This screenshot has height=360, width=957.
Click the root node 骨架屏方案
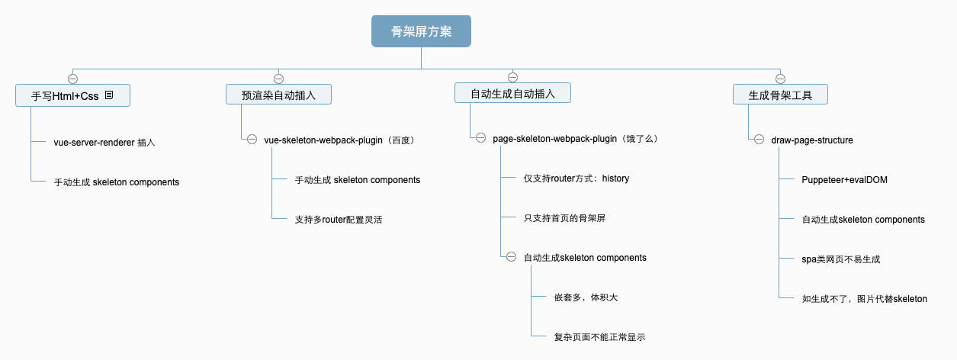421,31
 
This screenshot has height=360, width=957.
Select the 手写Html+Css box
72,95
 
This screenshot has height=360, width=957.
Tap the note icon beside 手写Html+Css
109,95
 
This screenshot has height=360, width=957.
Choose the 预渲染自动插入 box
278,95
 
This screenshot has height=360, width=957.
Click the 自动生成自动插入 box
512,93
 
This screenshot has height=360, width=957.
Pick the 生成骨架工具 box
780,95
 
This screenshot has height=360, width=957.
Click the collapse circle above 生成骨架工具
780,79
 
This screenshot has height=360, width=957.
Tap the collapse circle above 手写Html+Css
72,79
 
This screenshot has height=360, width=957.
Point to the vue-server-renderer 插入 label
104,143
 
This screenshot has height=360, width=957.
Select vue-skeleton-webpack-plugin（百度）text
340,140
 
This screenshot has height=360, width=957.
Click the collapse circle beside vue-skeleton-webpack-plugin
252,140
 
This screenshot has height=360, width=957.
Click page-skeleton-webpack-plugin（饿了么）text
576,139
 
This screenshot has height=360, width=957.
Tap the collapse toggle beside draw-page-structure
759,140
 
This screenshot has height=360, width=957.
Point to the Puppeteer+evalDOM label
844,180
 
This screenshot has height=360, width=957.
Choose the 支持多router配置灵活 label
339,220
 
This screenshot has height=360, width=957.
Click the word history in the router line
615,178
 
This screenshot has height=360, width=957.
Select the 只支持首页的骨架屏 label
564,218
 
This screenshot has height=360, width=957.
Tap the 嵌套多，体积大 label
586,297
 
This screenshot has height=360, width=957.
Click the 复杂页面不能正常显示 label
599,337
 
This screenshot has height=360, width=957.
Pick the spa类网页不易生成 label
841,259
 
